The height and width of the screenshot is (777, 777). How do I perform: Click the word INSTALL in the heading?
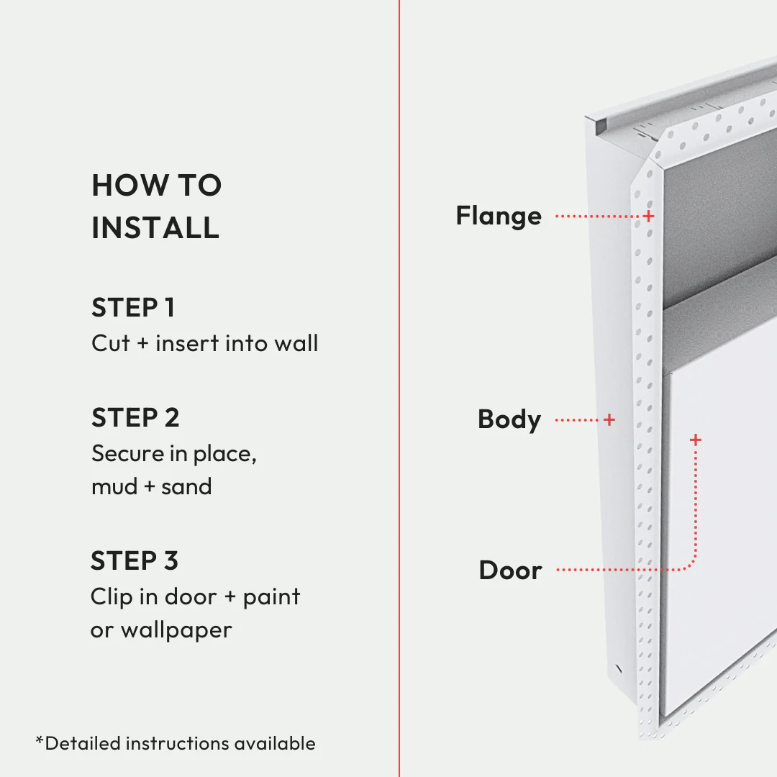(155, 227)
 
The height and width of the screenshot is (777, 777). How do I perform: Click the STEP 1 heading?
(133, 308)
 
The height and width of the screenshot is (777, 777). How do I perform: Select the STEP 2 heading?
(135, 417)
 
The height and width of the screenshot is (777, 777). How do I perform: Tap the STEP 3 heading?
(135, 560)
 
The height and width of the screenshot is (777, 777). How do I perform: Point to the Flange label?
(499, 216)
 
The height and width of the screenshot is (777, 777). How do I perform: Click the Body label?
(509, 419)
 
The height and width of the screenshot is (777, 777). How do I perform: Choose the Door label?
(510, 571)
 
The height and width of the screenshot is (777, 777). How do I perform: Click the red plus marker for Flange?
(648, 215)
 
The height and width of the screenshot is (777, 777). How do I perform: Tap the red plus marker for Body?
(609, 419)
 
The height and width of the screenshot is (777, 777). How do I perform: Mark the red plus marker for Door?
(695, 439)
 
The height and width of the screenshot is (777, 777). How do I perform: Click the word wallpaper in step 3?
(176, 630)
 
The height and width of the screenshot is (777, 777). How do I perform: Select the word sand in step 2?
(186, 486)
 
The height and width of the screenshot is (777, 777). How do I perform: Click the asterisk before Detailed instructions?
(40, 740)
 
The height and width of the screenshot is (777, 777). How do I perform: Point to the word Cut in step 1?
(110, 343)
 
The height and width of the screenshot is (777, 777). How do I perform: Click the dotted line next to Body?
(578, 419)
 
